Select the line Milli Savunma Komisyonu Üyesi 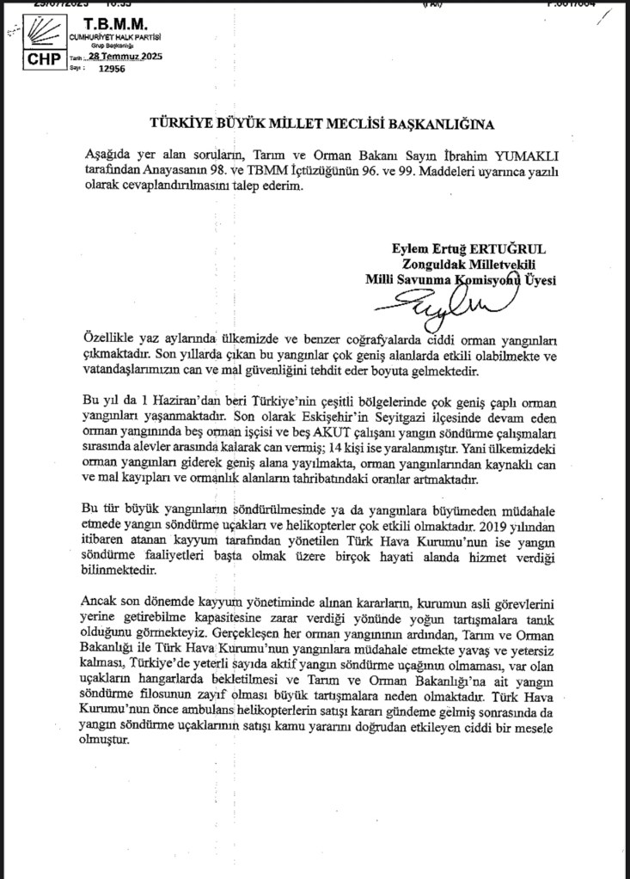[x=461, y=280]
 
